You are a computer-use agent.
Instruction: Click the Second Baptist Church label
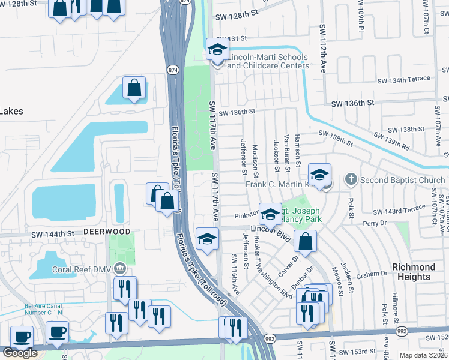point(403,180)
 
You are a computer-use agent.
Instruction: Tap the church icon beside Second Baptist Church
point(352,179)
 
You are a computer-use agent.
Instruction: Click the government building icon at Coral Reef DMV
point(120,268)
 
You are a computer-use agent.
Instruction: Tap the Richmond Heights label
point(413,271)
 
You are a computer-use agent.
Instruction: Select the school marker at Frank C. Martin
point(320,175)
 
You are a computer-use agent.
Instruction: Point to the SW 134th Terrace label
point(403,79)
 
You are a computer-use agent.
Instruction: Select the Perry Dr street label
point(376,223)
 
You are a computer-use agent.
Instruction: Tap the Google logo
point(20,352)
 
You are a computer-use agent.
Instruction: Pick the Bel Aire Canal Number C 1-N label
point(43,310)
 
